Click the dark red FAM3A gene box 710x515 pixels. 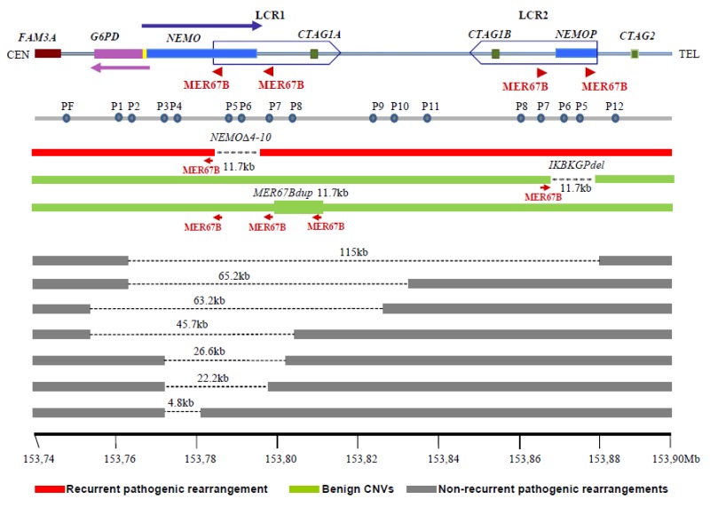pos(48,53)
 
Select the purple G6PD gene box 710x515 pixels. pos(118,53)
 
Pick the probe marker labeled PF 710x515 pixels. pos(67,117)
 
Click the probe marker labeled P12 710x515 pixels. pos(615,117)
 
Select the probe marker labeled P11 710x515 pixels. pos(428,117)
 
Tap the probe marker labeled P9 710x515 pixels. pos(374,117)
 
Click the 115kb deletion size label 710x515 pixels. pos(353,252)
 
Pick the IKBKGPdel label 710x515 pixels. pos(583,165)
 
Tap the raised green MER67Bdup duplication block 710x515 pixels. pos(298,206)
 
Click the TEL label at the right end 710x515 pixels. pos(689,54)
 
